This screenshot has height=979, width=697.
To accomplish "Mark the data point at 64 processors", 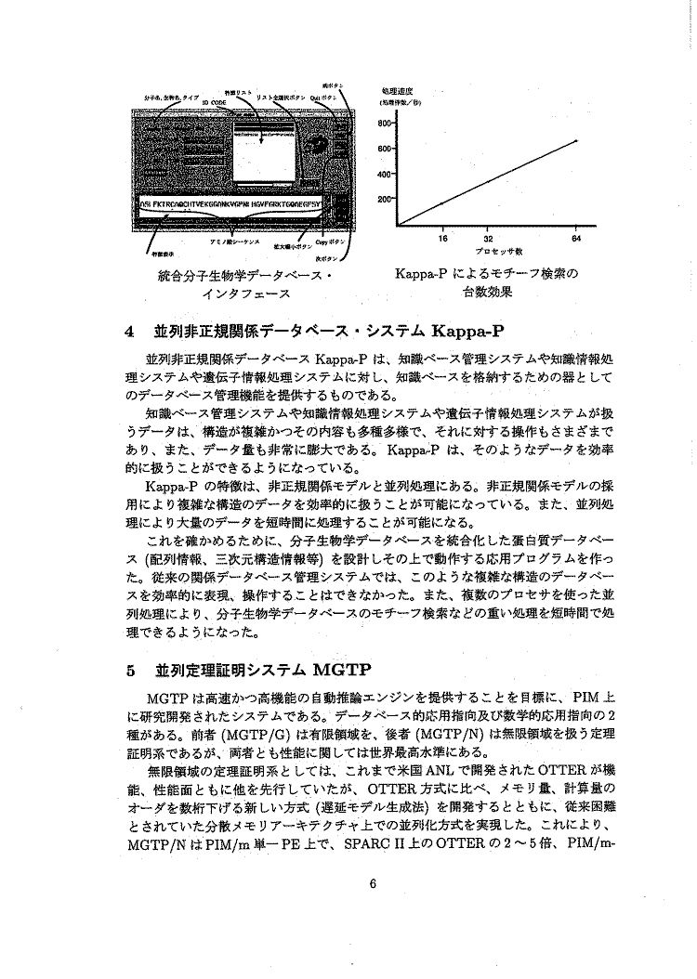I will pyautogui.click(x=576, y=140).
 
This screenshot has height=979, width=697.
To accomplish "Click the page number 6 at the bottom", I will pyautogui.click(x=371, y=882).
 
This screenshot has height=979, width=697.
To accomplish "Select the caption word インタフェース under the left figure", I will pyautogui.click(x=246, y=294).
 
